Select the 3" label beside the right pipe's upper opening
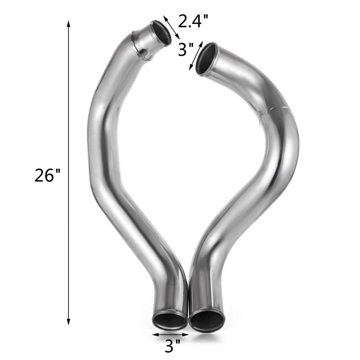coord(186,49)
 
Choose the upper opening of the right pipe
coord(206,59)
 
